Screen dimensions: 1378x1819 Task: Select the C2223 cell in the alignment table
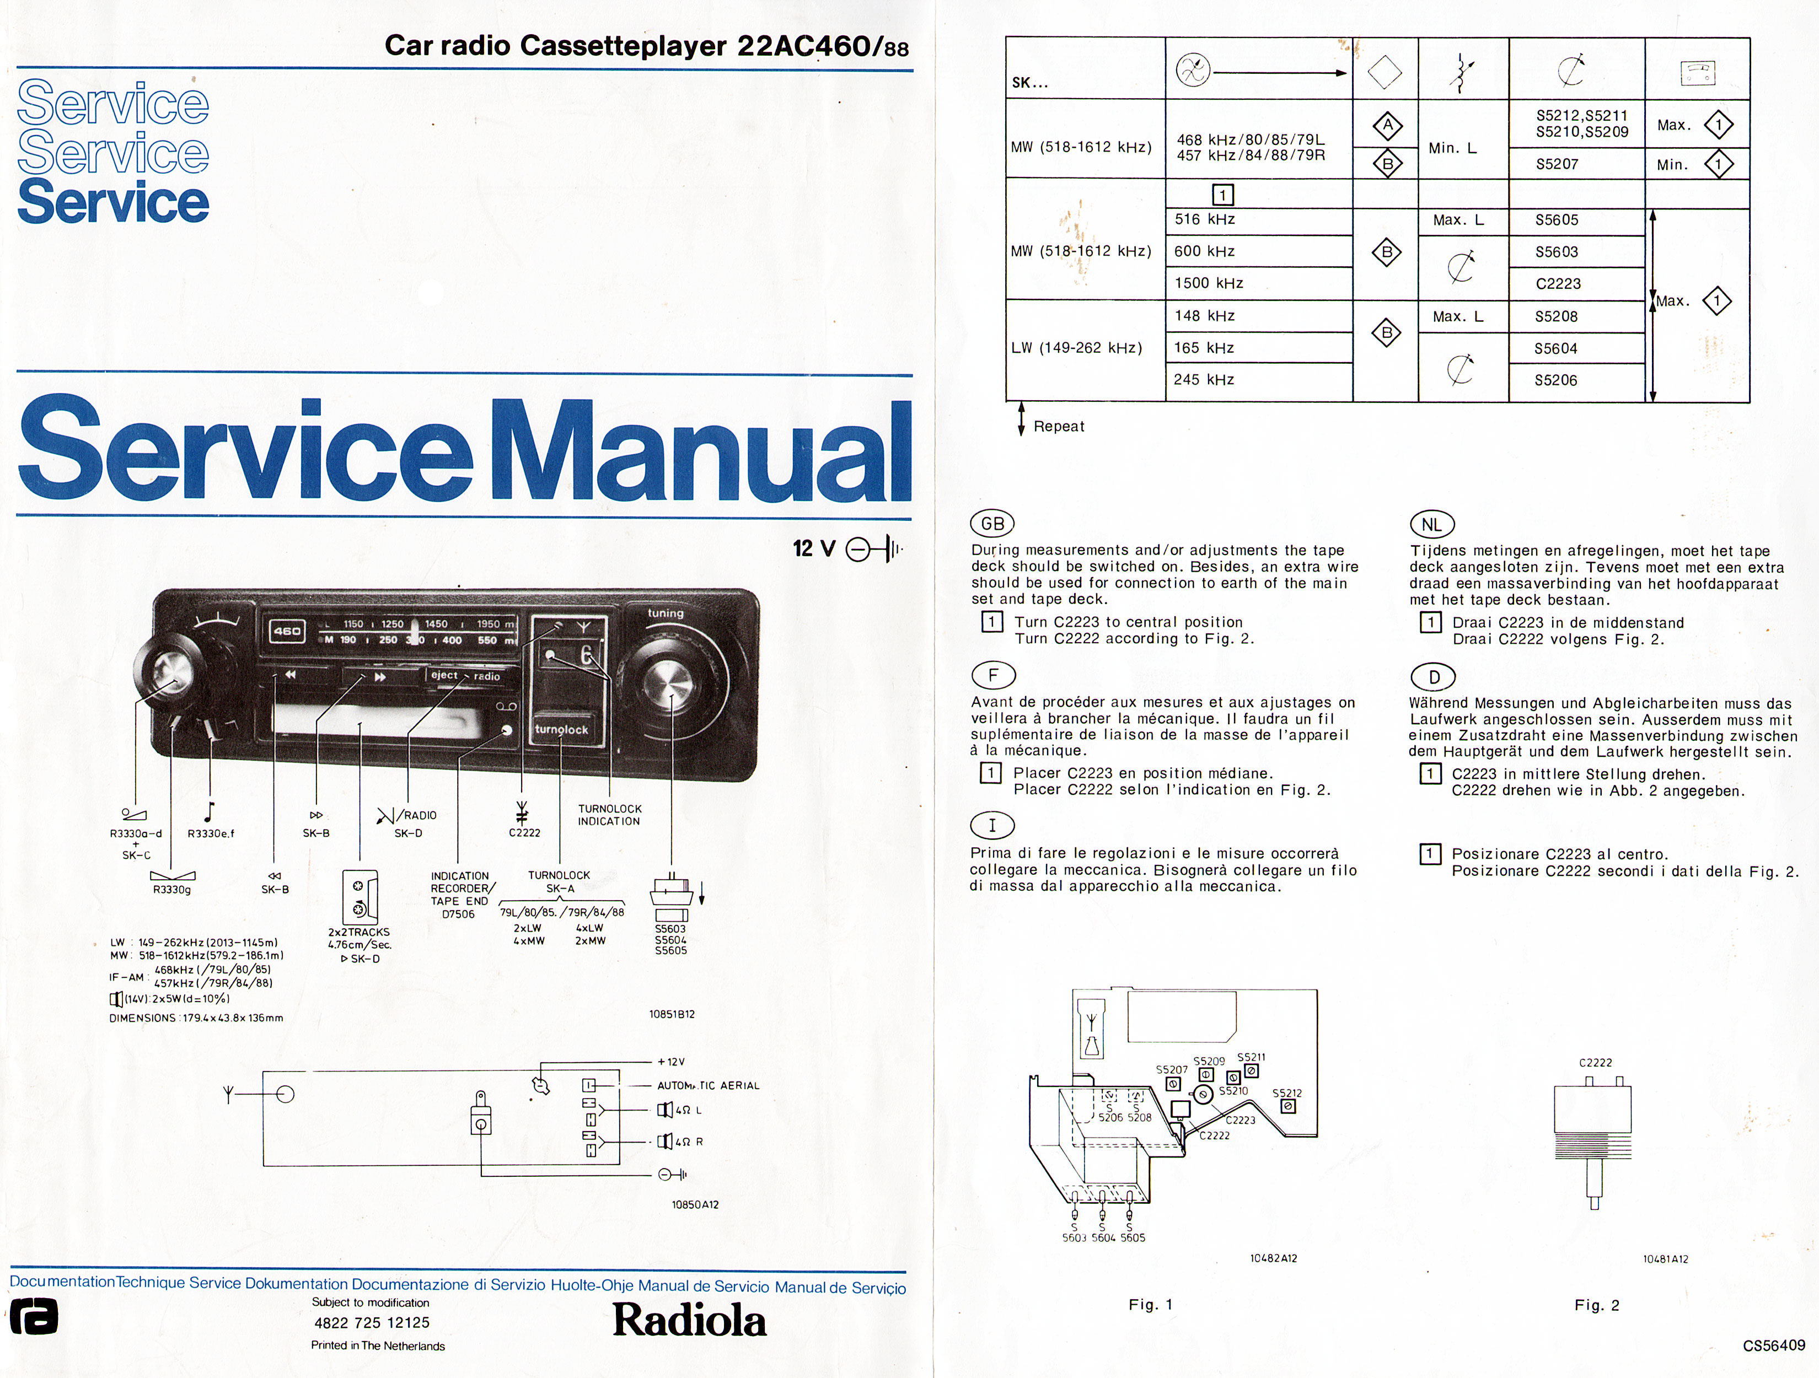pyautogui.click(x=1558, y=284)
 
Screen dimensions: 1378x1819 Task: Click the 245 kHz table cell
pyautogui.click(x=1204, y=380)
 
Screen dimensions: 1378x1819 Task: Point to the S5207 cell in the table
pyautogui.click(x=1557, y=164)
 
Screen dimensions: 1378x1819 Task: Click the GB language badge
pyautogui.click(x=992, y=524)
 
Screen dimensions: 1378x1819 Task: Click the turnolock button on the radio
pyautogui.click(x=562, y=729)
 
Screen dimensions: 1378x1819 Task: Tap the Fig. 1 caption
pyautogui.click(x=1150, y=1305)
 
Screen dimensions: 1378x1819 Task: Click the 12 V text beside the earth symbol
pyautogui.click(x=813, y=548)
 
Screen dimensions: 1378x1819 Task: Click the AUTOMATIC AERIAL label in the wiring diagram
pyautogui.click(x=708, y=1085)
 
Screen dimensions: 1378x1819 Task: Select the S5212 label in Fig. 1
pyautogui.click(x=1287, y=1092)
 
